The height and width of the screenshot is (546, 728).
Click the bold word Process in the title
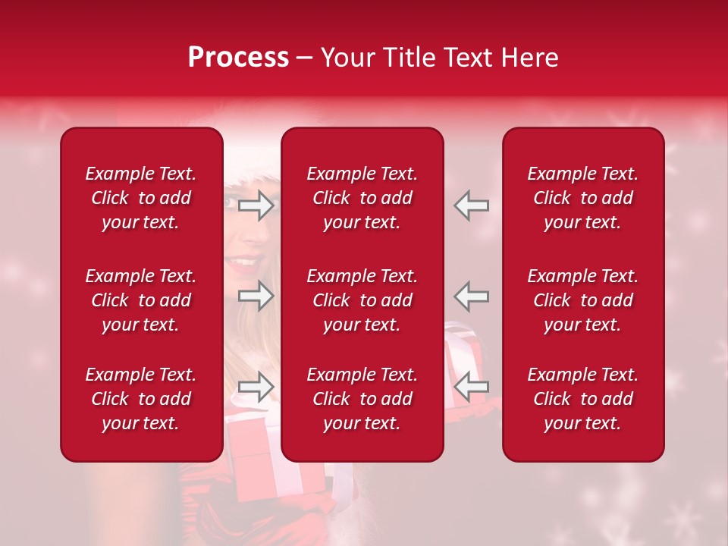click(x=238, y=58)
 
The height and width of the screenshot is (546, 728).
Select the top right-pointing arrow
click(x=256, y=206)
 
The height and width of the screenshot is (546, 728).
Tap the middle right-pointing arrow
click(x=256, y=296)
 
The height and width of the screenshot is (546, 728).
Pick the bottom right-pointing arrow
click(x=256, y=387)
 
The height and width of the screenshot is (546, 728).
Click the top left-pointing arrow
click(x=472, y=206)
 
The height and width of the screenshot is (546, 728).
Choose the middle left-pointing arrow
click(x=472, y=296)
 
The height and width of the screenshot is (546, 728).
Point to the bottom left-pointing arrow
click(x=472, y=387)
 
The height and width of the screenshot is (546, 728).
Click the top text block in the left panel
click(x=141, y=198)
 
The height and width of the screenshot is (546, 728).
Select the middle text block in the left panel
click(x=141, y=300)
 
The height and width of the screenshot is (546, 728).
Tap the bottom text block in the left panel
click(x=141, y=399)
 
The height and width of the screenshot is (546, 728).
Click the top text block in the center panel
click(x=362, y=198)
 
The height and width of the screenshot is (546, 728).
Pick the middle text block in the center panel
click(x=362, y=300)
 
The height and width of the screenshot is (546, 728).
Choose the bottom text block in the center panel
click(x=362, y=399)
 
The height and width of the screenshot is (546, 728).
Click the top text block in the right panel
click(x=582, y=198)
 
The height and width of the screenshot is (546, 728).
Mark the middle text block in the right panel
click(x=582, y=300)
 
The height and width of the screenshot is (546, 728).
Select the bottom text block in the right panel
click(x=582, y=399)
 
